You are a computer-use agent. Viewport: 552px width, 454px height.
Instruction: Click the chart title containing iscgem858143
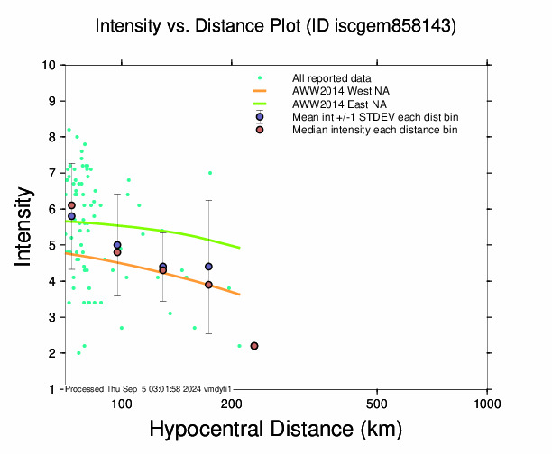click(276, 27)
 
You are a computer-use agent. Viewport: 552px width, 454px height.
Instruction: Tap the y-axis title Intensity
click(26, 227)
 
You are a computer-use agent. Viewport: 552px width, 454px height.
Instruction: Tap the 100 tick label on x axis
click(122, 401)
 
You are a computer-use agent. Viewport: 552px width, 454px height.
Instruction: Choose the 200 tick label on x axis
click(232, 401)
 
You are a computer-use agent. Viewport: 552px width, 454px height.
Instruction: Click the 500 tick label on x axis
click(378, 401)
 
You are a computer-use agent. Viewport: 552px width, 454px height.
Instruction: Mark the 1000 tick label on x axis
click(487, 401)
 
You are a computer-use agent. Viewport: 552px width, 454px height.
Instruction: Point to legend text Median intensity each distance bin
click(374, 130)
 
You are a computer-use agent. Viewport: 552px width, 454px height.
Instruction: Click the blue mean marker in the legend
click(260, 117)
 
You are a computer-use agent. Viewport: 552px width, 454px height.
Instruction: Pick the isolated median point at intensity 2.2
click(254, 346)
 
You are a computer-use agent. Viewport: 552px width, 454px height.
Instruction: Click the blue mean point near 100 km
click(117, 245)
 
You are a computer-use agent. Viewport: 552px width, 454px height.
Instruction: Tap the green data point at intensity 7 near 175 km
click(210, 173)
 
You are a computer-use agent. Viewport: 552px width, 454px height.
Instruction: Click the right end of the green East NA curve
click(240, 247)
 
